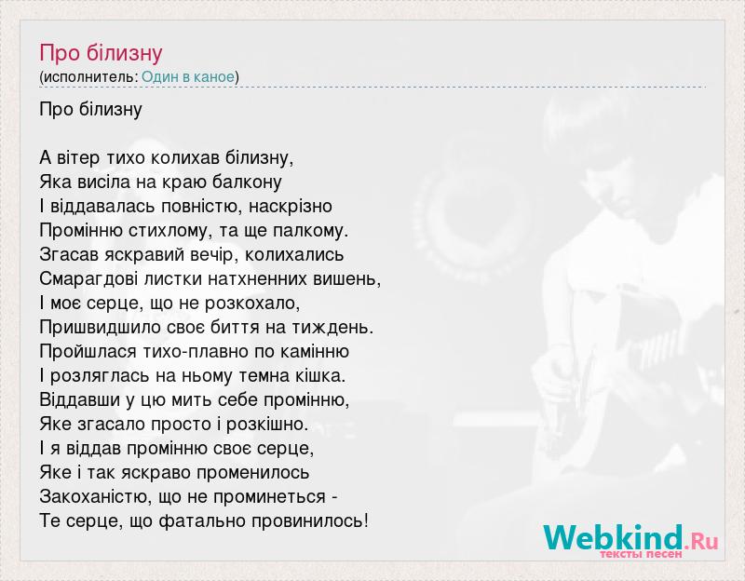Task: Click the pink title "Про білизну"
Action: click(x=101, y=53)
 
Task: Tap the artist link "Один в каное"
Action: click(x=188, y=77)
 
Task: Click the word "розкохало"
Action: click(x=251, y=304)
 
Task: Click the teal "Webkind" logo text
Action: click(x=614, y=537)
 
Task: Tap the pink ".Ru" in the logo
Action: click(x=701, y=541)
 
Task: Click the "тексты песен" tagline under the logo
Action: click(x=641, y=554)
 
